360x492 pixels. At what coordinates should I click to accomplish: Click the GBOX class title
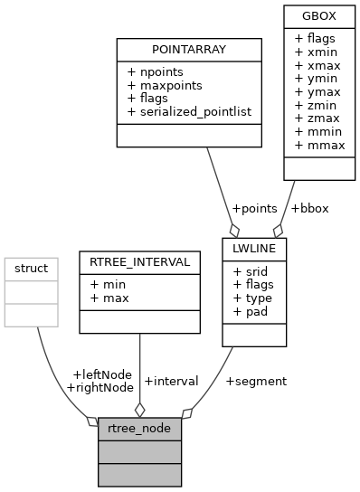(311, 15)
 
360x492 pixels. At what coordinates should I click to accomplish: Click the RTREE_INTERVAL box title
(138, 262)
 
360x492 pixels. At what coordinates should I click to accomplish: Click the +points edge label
(254, 208)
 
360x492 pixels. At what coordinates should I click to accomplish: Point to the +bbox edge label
(309, 208)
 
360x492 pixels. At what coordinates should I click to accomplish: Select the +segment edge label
(256, 381)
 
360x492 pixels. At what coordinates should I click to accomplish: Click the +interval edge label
(171, 381)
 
